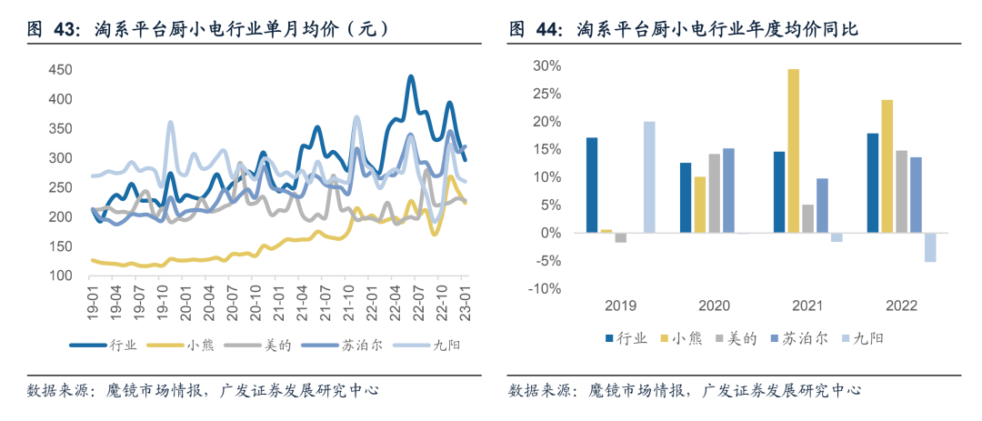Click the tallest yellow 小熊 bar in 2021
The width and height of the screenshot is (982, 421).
[794, 151]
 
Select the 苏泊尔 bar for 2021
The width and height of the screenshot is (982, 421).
[822, 205]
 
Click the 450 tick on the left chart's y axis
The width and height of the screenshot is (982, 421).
[60, 70]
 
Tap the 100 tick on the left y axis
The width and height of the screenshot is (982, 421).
[60, 276]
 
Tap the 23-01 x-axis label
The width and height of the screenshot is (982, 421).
[464, 303]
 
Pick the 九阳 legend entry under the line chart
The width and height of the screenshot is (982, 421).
[430, 344]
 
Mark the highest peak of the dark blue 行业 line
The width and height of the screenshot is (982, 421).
[411, 77]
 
